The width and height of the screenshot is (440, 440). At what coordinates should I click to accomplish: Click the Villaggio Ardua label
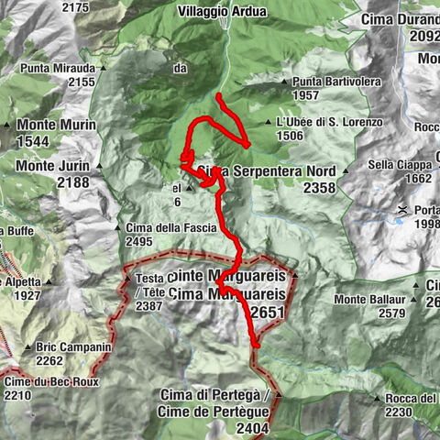(221, 12)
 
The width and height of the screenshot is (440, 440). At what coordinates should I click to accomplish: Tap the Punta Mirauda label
(61, 69)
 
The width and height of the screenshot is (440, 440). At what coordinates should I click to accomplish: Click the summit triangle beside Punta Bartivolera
(286, 82)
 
